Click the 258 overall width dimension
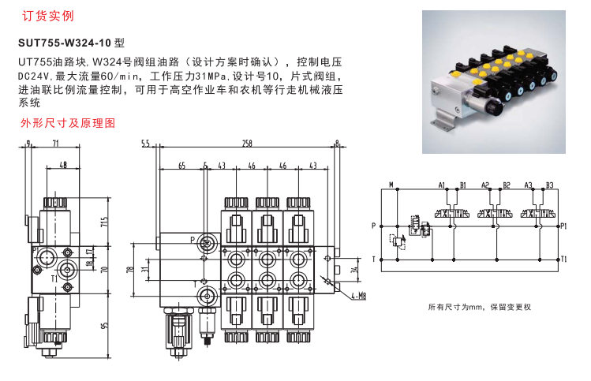(247, 144)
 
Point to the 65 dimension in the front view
(181, 166)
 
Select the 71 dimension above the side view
(56, 144)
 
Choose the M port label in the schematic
(391, 185)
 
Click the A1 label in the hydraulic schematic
(443, 185)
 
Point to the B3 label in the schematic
(550, 185)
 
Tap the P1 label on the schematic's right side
(564, 226)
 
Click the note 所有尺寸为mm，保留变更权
(479, 306)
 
